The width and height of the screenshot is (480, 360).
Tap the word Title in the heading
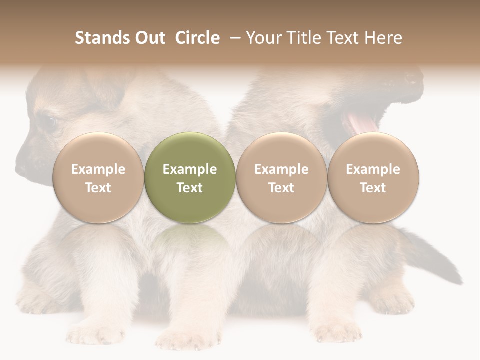303,38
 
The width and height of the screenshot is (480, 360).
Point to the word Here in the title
383,38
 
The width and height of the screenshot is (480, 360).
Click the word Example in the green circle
190,169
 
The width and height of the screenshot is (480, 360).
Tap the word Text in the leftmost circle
98,188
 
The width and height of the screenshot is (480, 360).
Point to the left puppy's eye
49,121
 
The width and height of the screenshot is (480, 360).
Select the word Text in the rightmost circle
373,188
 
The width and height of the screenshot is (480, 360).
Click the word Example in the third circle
281,169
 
